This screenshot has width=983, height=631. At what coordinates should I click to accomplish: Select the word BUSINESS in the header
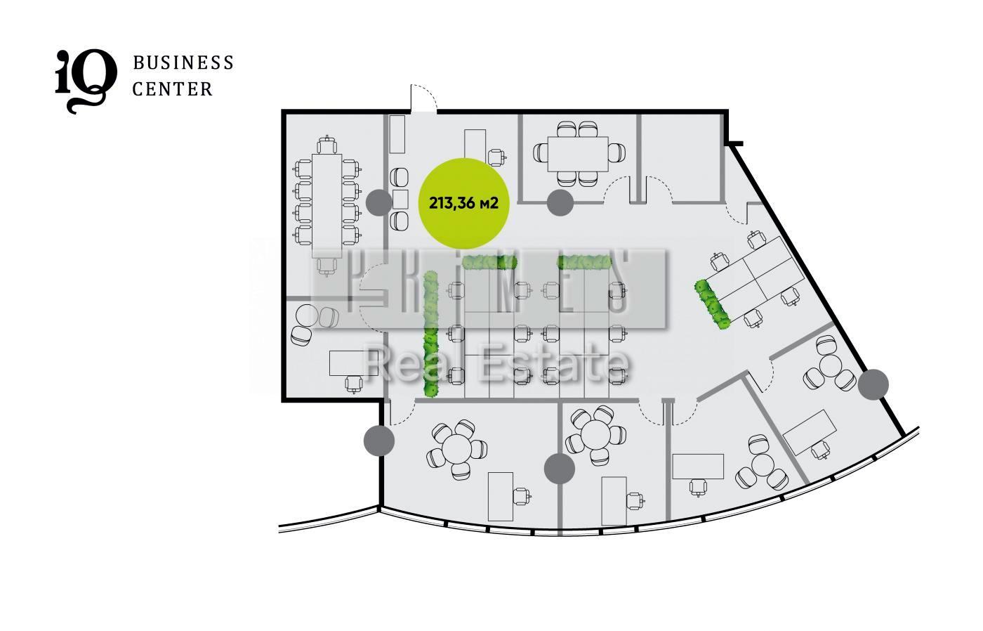tap(183, 63)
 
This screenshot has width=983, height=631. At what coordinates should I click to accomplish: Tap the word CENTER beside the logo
tap(173, 89)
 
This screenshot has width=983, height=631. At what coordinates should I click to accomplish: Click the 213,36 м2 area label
tap(463, 203)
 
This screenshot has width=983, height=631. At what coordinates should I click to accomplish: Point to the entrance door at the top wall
tap(423, 99)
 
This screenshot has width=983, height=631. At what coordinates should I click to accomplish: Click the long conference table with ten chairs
tap(327, 205)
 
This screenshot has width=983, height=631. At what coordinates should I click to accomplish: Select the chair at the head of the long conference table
tap(327, 145)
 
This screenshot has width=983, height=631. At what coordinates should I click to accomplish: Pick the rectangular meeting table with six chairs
tap(577, 154)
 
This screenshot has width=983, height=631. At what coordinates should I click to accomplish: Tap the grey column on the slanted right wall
tap(873, 384)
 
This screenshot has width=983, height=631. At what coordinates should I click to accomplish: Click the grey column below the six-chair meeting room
tap(560, 202)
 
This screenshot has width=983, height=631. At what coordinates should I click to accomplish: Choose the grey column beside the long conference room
tap(378, 202)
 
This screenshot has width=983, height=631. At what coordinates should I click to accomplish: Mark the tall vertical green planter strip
tap(430, 334)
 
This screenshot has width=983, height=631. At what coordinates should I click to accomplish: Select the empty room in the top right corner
tap(682, 158)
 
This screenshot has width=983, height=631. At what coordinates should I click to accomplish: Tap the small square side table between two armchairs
tap(400, 200)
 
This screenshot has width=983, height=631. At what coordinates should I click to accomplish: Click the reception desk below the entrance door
tap(475, 145)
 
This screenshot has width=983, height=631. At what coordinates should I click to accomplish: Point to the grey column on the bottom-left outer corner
tap(379, 441)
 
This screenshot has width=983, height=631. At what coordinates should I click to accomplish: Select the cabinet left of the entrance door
tap(397, 134)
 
